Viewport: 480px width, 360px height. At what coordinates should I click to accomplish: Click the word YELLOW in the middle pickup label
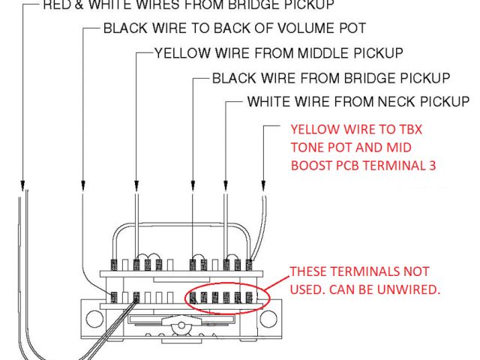pyautogui.click(x=178, y=53)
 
